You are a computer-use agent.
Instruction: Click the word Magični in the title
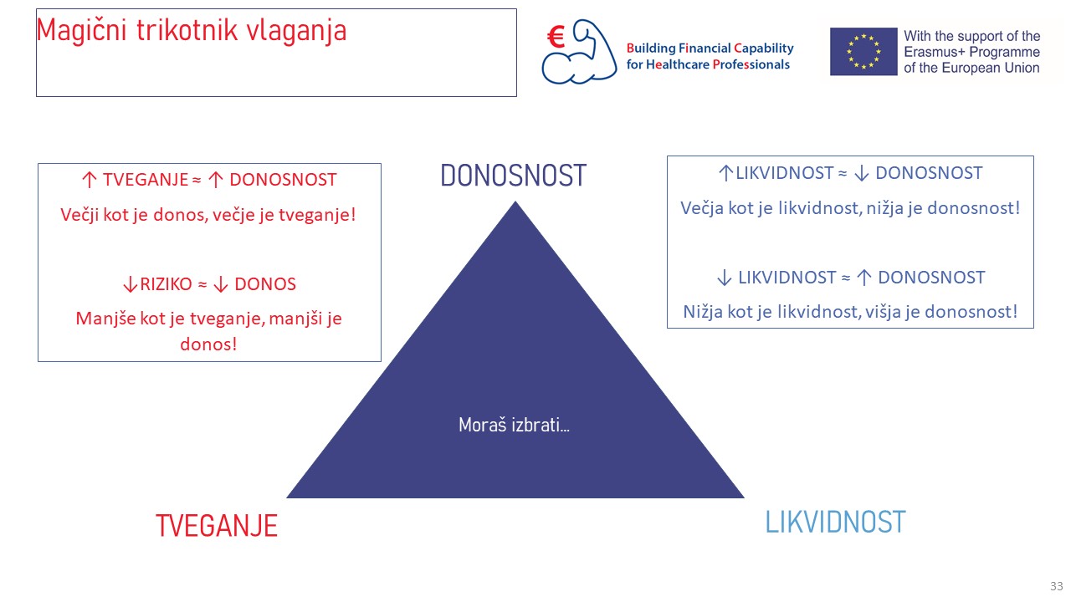81,31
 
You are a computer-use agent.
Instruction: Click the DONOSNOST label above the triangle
513,176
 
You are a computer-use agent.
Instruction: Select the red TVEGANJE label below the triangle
217,526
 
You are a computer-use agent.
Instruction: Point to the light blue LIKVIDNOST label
835,522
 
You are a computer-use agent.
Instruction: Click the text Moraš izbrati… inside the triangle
514,424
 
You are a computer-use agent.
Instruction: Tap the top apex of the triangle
515,202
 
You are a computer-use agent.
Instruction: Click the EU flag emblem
863,52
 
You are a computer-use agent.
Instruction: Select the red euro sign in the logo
556,37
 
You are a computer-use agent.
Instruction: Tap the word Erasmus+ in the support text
933,52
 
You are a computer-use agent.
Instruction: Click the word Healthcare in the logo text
678,65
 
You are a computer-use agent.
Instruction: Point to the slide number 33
1056,586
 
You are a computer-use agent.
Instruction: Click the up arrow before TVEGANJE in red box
89,180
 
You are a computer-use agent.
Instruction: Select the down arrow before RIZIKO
130,284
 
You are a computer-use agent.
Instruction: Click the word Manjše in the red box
105,319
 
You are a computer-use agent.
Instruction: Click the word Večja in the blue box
702,208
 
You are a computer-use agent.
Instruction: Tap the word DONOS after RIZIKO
265,284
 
